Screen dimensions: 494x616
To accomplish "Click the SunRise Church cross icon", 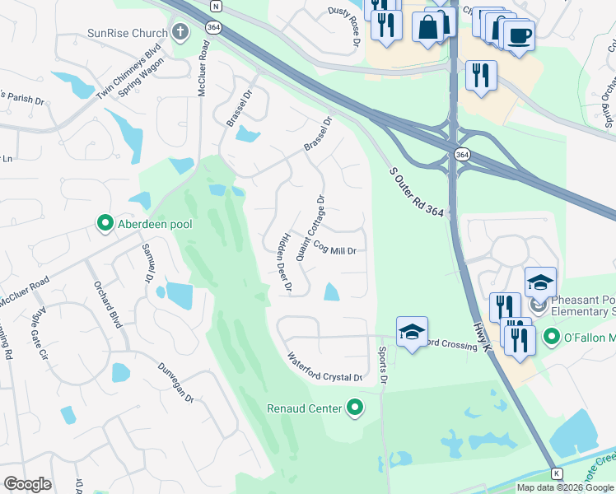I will click(x=181, y=34).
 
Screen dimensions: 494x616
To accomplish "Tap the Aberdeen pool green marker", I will click(x=105, y=223).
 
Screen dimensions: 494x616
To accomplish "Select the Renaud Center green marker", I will click(x=356, y=408).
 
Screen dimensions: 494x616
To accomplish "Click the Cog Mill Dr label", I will click(x=333, y=249).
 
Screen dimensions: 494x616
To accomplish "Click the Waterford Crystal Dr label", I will click(x=324, y=368).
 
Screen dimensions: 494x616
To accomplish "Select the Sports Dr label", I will click(x=382, y=366).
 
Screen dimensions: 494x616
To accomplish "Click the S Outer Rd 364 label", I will click(x=416, y=193).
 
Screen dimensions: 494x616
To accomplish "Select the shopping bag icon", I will click(x=429, y=26).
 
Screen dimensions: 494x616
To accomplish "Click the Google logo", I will click(x=27, y=483).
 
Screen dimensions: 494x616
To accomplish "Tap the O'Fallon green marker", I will click(x=551, y=338).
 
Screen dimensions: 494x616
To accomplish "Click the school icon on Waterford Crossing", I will click(x=412, y=332).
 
